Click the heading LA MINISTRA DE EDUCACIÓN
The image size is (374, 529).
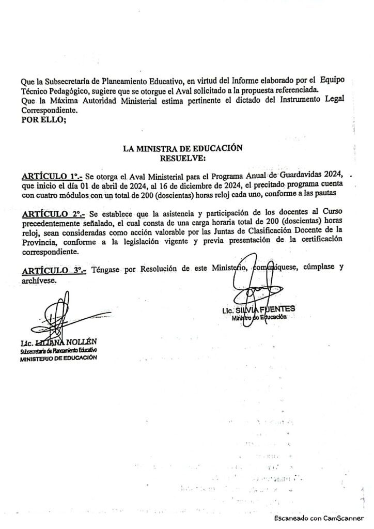point(182,148)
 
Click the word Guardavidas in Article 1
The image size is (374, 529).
point(295,174)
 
